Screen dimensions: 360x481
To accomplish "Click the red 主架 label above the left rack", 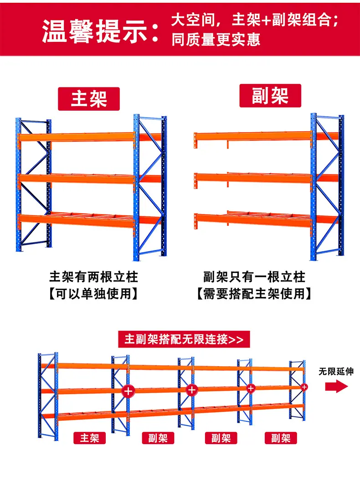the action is click(x=89, y=99).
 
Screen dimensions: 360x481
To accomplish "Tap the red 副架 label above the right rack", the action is click(x=270, y=96).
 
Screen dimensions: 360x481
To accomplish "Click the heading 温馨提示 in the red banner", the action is click(x=100, y=31).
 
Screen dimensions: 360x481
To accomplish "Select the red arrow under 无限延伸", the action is click(x=337, y=386).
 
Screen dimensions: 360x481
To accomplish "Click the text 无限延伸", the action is click(x=336, y=372).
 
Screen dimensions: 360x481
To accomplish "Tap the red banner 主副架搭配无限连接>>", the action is click(x=184, y=339).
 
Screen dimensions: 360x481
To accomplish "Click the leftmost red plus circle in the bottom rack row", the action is click(x=128, y=391).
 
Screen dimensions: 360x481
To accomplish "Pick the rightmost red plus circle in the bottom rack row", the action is click(x=304, y=387).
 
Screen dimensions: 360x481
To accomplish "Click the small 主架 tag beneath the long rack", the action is click(x=90, y=438).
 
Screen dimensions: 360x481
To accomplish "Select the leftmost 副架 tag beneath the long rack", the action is click(x=158, y=438).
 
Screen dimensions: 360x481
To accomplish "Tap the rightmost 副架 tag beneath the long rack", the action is click(x=281, y=438).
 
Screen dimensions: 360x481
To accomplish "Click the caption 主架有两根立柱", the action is click(x=93, y=277).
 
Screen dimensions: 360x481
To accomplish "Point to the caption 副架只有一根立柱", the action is click(x=254, y=277).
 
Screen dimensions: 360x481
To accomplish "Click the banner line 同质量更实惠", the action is click(x=216, y=40).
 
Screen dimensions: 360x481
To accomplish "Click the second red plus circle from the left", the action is click(x=192, y=390).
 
